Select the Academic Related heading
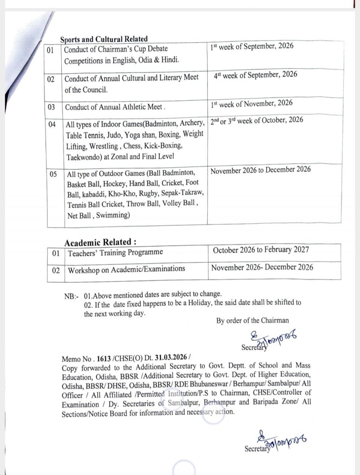[100, 242]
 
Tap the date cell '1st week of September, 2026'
[252, 47]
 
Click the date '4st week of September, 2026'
[256, 75]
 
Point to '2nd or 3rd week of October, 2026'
[257, 120]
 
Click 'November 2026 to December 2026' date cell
[261, 170]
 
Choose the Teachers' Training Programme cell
[116, 253]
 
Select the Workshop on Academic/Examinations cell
[127, 269]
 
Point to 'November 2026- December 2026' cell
[262, 267]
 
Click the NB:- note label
[71, 295]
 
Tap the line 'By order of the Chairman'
[252, 320]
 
